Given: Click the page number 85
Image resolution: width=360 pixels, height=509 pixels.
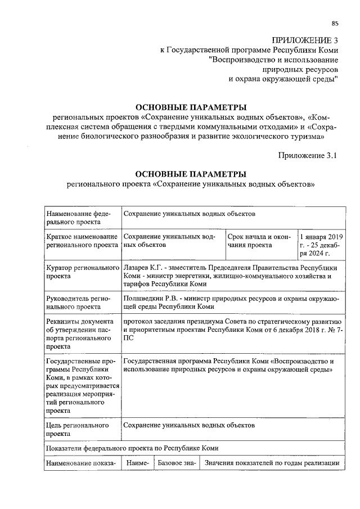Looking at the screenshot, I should (x=334, y=23).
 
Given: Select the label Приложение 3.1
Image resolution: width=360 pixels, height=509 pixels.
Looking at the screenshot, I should (x=307, y=156).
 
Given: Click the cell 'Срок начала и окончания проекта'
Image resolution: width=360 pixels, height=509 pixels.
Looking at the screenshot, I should (x=260, y=241).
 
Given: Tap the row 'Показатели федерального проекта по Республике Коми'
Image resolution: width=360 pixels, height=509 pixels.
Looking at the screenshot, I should (x=132, y=448).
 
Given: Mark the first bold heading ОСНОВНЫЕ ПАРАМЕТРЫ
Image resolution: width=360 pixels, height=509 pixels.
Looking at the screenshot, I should (x=191, y=107).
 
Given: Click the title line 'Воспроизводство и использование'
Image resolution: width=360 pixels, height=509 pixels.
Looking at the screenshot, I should (x=273, y=59).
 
